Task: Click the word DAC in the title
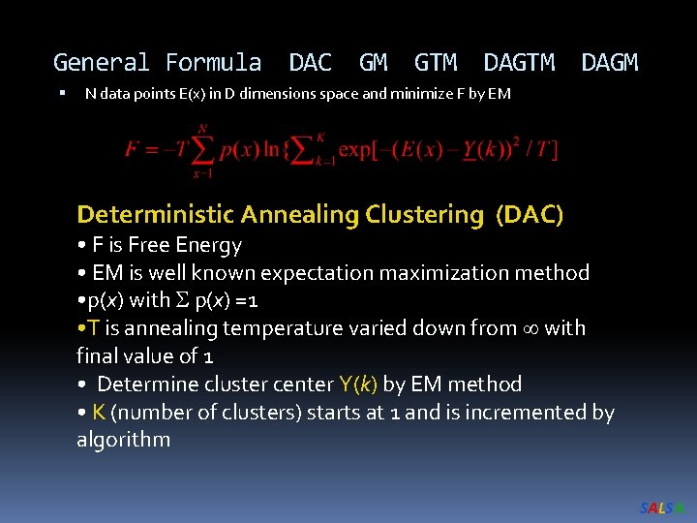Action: click(310, 64)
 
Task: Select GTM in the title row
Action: click(435, 64)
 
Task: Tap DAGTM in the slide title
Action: click(519, 64)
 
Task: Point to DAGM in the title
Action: click(609, 64)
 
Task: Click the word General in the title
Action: click(101, 64)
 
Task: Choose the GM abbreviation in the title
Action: click(373, 64)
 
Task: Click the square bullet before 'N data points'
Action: click(60, 94)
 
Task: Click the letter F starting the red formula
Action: click(133, 149)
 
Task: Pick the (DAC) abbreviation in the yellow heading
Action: click(529, 214)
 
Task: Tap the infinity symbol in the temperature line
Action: click(529, 328)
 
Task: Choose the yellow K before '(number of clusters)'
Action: click(99, 413)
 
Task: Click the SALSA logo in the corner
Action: click(662, 508)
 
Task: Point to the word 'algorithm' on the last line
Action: click(123, 440)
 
